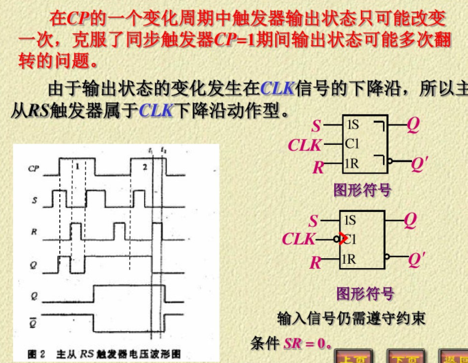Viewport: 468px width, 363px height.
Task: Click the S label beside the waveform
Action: click(34, 200)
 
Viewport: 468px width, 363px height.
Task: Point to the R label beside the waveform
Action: click(34, 232)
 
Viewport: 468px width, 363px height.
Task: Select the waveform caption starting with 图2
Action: click(105, 354)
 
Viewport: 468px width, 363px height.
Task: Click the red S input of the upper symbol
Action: click(316, 126)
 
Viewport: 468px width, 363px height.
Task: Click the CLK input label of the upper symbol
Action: click(305, 145)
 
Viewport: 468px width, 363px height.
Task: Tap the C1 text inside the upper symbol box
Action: click(352, 144)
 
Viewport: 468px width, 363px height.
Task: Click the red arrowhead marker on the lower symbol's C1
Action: click(343, 237)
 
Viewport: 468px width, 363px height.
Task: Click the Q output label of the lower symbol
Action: click(410, 220)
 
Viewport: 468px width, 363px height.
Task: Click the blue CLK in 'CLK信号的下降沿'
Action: click(278, 88)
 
